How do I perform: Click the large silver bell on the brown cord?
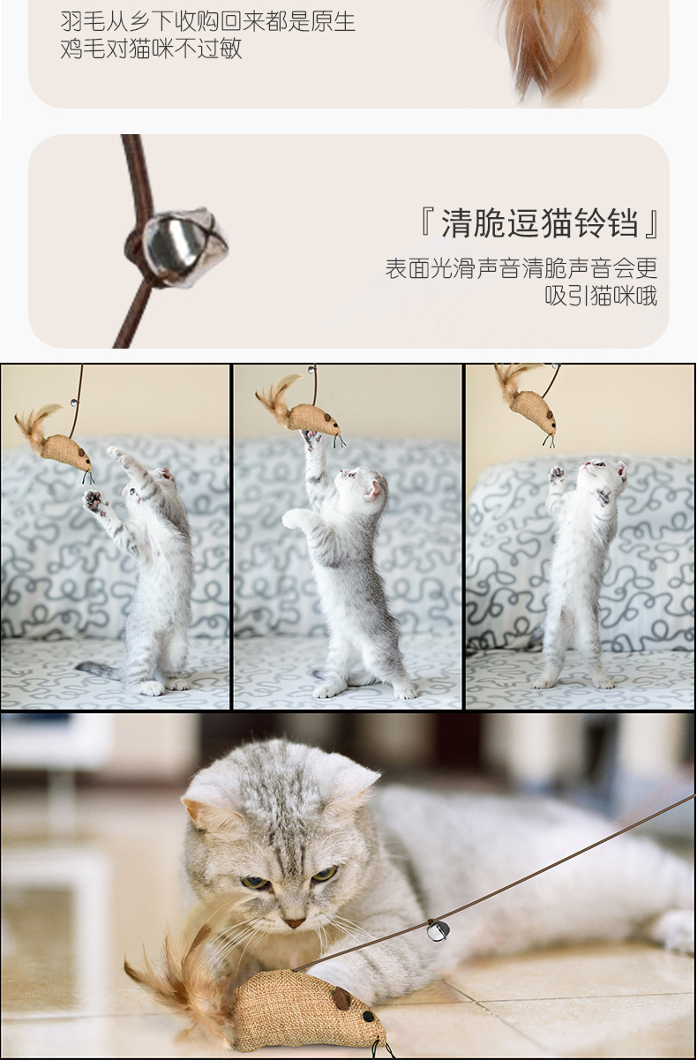(x=185, y=247)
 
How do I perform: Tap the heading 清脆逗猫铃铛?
(x=539, y=222)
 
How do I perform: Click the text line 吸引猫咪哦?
(x=601, y=296)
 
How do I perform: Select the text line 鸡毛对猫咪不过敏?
(x=151, y=49)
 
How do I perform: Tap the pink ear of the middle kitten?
(x=373, y=489)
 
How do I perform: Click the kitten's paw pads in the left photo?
(x=94, y=500)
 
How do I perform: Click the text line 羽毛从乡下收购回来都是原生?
(x=207, y=21)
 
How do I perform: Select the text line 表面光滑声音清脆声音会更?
(x=521, y=268)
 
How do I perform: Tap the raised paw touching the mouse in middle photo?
(x=311, y=438)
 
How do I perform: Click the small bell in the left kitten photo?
(x=74, y=403)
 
